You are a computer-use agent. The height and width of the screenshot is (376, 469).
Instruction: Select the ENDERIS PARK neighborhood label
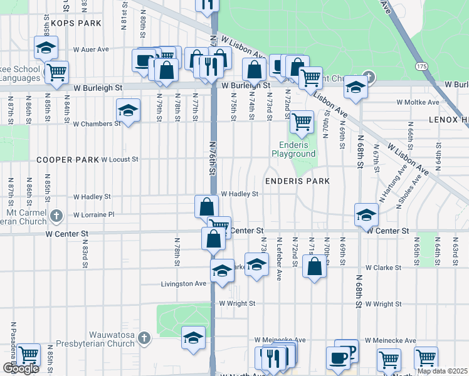[297, 180]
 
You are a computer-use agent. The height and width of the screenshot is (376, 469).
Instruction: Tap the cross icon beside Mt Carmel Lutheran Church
[56, 215]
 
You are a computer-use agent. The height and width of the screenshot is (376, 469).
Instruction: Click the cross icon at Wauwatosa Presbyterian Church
[144, 338]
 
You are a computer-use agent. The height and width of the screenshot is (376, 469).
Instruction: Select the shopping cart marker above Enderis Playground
[302, 121]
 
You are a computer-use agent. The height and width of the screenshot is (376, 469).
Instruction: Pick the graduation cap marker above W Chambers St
[128, 111]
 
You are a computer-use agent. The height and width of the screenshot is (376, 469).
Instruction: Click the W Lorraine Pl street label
[94, 214]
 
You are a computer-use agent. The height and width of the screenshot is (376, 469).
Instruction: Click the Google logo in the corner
[21, 368]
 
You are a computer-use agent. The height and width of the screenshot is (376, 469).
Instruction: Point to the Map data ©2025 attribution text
[442, 371]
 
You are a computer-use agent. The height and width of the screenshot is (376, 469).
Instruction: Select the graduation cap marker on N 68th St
[366, 214]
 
